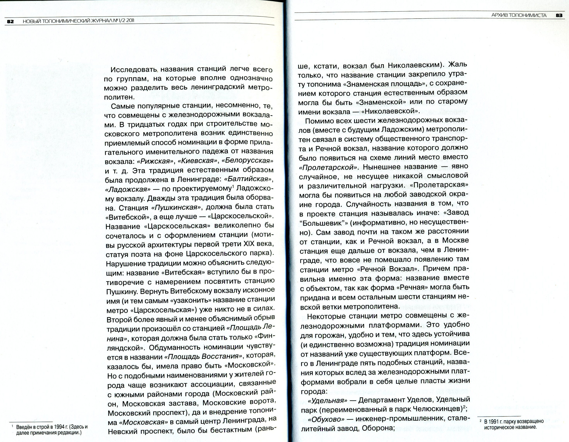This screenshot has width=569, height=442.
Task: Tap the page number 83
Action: click(559, 15)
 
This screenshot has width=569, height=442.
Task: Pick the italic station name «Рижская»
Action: click(156, 161)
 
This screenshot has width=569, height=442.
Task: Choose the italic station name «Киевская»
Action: click(198, 161)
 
